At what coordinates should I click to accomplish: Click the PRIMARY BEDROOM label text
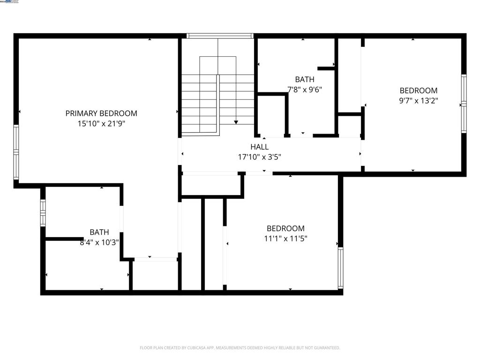(x=101, y=113)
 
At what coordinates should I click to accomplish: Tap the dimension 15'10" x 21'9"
(x=101, y=124)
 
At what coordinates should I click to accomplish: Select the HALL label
(x=259, y=147)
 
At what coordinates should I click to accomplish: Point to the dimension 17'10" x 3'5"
(x=259, y=157)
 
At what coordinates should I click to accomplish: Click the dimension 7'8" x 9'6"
(x=305, y=89)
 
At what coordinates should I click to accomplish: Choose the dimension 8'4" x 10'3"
(x=99, y=242)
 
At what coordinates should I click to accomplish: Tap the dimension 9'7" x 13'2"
(x=418, y=100)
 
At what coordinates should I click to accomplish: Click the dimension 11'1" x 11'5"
(x=285, y=238)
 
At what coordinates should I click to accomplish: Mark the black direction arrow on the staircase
(x=236, y=122)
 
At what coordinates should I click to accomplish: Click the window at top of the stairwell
(x=220, y=36)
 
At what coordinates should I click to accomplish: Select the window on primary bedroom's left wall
(x=16, y=152)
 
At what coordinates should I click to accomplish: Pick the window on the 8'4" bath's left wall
(x=43, y=213)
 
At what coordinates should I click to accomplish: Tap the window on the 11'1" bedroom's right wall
(x=340, y=268)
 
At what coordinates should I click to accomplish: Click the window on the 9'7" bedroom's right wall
(x=464, y=104)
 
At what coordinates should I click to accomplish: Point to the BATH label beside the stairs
(x=305, y=79)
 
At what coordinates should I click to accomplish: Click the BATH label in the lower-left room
(x=99, y=232)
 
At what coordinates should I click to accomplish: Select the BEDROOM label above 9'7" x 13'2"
(x=418, y=90)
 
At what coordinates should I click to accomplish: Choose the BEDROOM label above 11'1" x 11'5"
(x=285, y=228)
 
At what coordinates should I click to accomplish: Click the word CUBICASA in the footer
(x=194, y=348)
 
